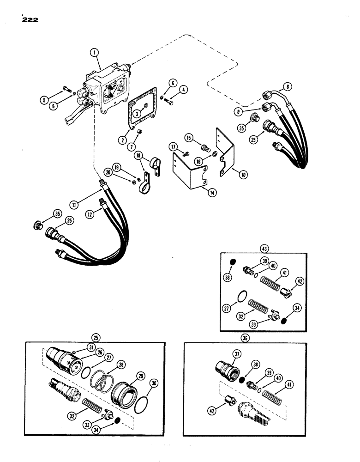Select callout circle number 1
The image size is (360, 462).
[x=94, y=54]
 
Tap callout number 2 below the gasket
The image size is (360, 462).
[x=123, y=139]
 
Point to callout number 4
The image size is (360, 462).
[x=184, y=90]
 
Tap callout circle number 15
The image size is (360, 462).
[x=188, y=138]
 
